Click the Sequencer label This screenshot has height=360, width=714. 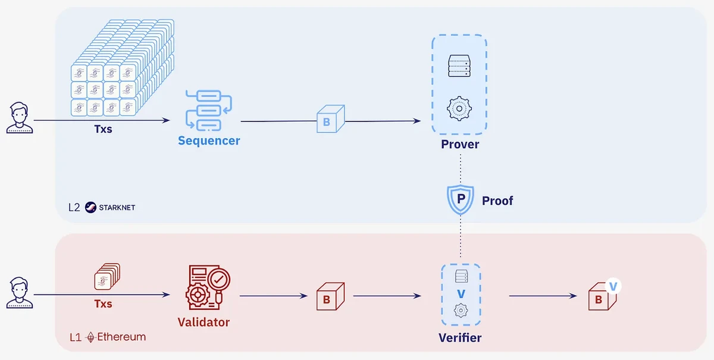(x=209, y=141)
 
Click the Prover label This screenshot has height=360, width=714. (x=460, y=145)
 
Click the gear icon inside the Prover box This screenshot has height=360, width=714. (x=459, y=109)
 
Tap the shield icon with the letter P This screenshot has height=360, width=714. (x=460, y=200)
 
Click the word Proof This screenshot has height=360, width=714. (x=497, y=201)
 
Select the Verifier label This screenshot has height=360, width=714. (x=460, y=338)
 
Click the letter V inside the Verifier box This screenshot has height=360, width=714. (x=460, y=294)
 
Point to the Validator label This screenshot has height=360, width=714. (x=203, y=323)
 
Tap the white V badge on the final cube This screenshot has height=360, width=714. (x=613, y=286)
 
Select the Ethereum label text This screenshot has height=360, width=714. (x=121, y=337)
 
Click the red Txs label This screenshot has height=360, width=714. (x=103, y=304)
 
